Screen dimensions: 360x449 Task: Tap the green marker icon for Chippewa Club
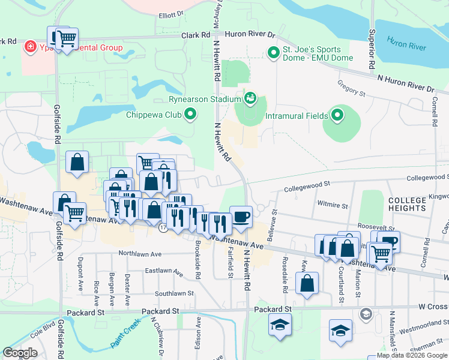[x=191, y=114]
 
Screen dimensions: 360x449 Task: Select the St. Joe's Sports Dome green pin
[x=274, y=53]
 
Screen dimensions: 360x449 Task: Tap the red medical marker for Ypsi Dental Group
[x=28, y=47]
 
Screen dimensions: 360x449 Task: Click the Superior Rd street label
[x=372, y=49]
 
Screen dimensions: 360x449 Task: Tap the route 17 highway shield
[x=163, y=228]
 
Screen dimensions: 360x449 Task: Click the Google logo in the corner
[x=20, y=353]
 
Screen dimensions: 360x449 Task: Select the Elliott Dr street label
[x=170, y=15]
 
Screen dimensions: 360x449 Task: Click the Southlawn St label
[x=174, y=294]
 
